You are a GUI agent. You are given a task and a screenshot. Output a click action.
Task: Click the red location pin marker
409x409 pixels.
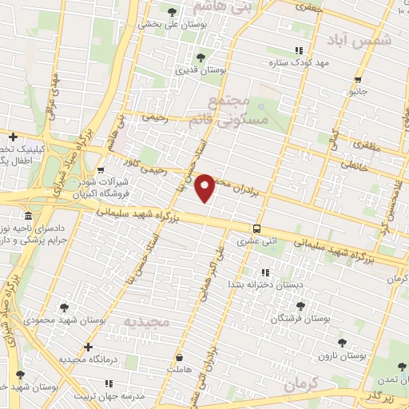click(x=205, y=187)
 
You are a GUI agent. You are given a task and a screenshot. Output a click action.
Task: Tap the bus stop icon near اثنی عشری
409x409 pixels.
click(x=256, y=226)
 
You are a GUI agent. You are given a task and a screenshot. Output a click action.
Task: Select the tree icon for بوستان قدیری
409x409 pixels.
click(x=201, y=58)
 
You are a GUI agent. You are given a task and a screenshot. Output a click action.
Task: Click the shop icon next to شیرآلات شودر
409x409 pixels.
click(x=100, y=170)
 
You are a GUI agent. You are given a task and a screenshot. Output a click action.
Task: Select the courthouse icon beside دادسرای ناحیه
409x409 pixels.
click(x=29, y=216)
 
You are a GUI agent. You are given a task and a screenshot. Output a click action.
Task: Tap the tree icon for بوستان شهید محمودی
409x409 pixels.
click(x=64, y=307)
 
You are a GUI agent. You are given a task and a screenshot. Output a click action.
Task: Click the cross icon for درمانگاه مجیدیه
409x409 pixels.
click(x=88, y=347)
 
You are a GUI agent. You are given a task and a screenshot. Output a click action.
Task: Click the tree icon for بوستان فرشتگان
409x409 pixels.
click(x=300, y=306)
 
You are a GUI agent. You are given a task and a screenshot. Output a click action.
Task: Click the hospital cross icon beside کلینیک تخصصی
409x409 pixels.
click(x=13, y=137)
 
